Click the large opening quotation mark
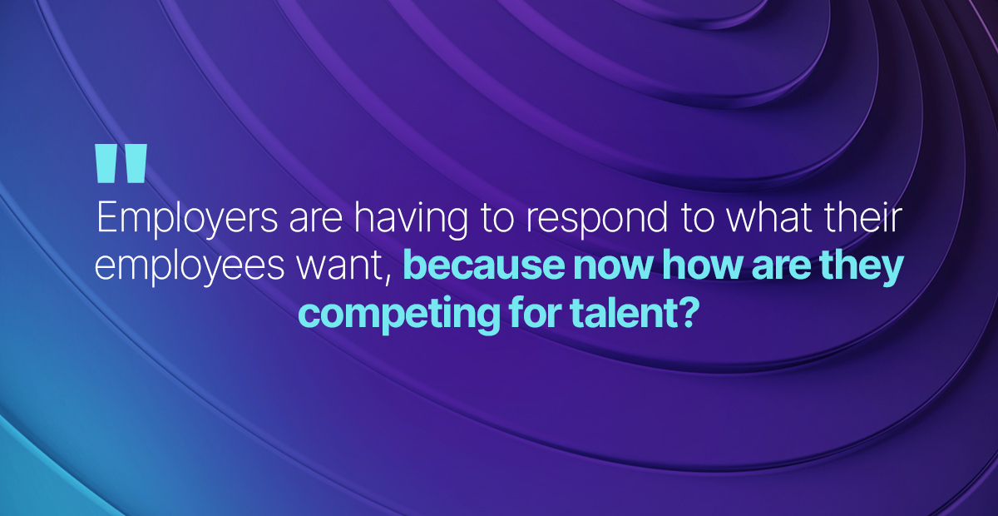(x=121, y=163)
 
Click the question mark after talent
(x=685, y=314)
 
